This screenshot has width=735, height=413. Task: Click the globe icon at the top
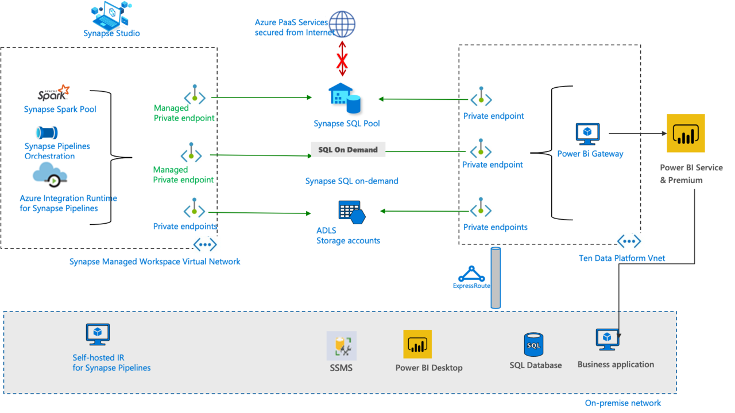tap(341, 25)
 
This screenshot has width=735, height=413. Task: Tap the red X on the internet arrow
tap(342, 59)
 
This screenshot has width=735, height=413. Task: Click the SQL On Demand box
tap(348, 150)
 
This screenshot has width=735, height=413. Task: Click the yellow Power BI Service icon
tap(686, 133)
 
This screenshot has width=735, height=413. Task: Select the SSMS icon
tap(342, 346)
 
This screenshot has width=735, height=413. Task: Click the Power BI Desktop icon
tap(417, 344)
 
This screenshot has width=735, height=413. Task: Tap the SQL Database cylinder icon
tap(533, 345)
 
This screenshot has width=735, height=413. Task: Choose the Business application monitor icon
tap(608, 340)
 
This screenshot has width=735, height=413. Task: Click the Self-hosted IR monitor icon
tap(98, 334)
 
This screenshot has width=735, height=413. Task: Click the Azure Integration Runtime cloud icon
tap(51, 174)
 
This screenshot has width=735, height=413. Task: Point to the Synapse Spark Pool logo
tap(54, 92)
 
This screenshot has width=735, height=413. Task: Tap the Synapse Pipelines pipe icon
tap(46, 133)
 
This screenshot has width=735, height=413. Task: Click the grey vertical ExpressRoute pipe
tap(496, 278)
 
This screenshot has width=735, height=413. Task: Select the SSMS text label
tap(341, 368)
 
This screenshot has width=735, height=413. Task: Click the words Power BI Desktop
tap(429, 368)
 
